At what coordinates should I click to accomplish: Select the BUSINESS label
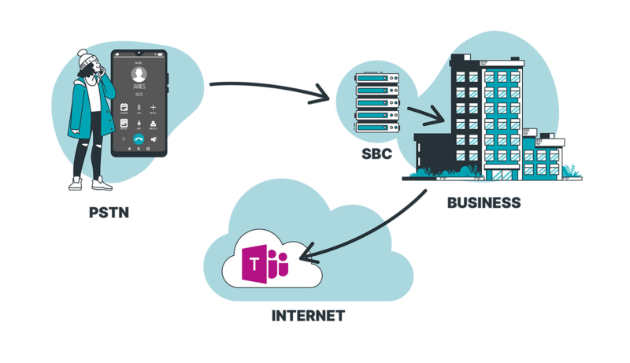(484, 202)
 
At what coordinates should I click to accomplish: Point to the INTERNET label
(307, 317)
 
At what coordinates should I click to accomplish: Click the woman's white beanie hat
(85, 58)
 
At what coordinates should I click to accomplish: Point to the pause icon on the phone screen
(139, 107)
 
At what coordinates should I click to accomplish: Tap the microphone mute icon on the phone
(139, 124)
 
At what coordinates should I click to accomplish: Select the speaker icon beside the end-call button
(154, 141)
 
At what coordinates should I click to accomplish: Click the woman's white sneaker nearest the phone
(102, 184)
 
